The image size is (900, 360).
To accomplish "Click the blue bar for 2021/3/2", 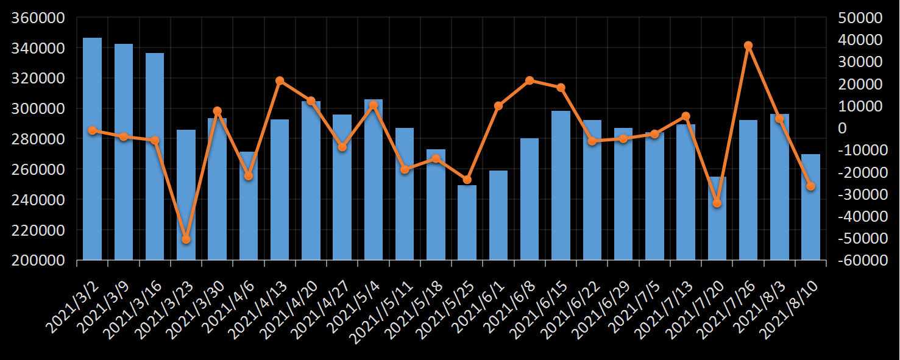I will pos(92,149).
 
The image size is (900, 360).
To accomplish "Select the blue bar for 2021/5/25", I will pos(467,223).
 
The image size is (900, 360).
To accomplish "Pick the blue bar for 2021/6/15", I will pos(561,186).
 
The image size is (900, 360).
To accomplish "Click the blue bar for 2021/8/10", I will pos(810,207).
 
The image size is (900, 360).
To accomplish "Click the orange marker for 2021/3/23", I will pos(186,239).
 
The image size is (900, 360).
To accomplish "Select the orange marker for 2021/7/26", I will pos(748,46).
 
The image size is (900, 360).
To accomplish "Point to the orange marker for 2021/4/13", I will pos(280,80).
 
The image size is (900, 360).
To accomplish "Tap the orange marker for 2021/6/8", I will pos(530,80).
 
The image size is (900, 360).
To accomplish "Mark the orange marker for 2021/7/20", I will pos(717,203).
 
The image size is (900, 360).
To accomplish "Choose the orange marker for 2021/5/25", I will pos(467,180).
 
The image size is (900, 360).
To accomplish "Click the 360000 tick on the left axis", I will pos(39,18).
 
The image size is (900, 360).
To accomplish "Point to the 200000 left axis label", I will pos(39,260).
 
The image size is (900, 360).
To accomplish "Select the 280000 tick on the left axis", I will pos(39,139).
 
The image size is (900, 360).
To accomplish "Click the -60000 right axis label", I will pos(860,260).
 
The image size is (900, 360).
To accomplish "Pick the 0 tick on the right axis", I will pos(843,128).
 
